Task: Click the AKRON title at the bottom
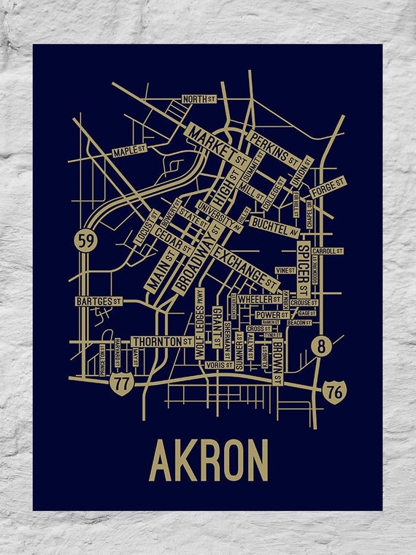pyautogui.click(x=208, y=460)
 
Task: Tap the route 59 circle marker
pyautogui.click(x=86, y=242)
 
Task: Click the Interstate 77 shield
pyautogui.click(x=121, y=381)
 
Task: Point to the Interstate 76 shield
pyautogui.click(x=335, y=392)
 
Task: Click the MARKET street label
pyautogui.click(x=217, y=145)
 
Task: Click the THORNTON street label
pyautogui.click(x=162, y=341)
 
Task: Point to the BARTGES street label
pyautogui.click(x=98, y=301)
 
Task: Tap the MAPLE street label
pyautogui.click(x=130, y=151)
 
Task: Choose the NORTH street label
pyautogui.click(x=199, y=99)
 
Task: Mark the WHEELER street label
pyautogui.click(x=259, y=299)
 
